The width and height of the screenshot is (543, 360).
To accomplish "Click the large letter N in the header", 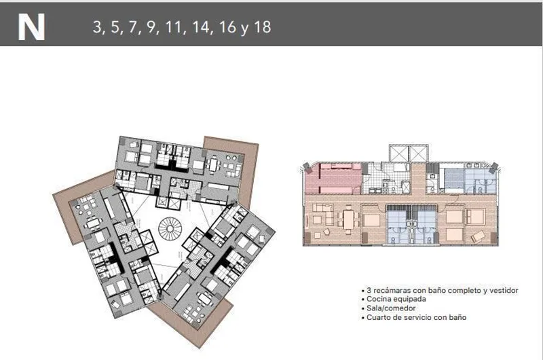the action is click(31, 27).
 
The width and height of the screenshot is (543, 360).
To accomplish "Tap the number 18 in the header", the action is click(263, 27).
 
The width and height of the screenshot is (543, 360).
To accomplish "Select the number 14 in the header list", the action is click(201, 27).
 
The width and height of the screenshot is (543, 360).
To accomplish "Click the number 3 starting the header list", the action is click(96, 27).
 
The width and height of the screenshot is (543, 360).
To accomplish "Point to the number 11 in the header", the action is click(174, 27).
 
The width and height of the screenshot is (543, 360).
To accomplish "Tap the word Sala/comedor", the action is click(391, 308).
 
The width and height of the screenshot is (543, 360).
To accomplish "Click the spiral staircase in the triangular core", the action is click(170, 229).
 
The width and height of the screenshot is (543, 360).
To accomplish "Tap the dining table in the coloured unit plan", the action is click(348, 219).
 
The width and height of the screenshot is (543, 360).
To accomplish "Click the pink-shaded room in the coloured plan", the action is click(333, 179).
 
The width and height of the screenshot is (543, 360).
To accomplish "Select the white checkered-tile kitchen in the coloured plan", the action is click(386, 179).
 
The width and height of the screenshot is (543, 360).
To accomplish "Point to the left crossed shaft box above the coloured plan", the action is click(399, 153).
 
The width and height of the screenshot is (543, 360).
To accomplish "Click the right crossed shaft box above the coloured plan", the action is click(418, 153).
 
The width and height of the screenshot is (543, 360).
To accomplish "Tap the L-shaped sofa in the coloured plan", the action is click(323, 215).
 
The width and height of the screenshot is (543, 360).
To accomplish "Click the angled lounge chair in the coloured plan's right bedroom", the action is click(478, 236).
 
